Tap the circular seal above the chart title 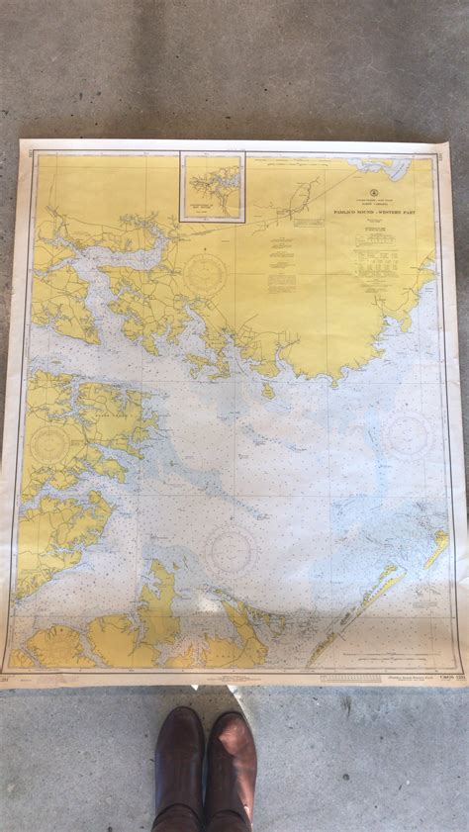click(x=374, y=192)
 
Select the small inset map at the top click(x=212, y=186)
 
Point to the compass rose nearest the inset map click(x=205, y=274)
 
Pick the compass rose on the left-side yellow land click(x=50, y=444)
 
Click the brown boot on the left click(x=179, y=767)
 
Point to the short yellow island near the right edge click(x=436, y=547)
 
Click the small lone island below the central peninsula click(x=268, y=391)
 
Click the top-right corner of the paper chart click(x=447, y=144)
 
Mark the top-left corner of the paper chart click(x=22, y=140)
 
